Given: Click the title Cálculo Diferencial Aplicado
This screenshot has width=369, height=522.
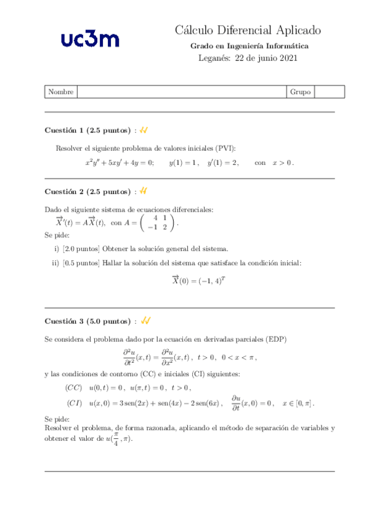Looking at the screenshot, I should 248,30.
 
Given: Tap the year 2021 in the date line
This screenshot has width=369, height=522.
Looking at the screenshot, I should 288,58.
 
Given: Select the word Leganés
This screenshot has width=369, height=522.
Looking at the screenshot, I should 213,58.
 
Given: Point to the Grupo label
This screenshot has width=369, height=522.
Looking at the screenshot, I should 300,92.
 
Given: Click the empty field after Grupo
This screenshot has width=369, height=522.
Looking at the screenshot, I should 329,92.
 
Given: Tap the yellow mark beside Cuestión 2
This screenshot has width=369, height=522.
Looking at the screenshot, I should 144,191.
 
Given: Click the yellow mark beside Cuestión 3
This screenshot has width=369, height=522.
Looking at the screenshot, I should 146,321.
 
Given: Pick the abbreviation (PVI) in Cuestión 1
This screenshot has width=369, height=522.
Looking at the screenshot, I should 225,148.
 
